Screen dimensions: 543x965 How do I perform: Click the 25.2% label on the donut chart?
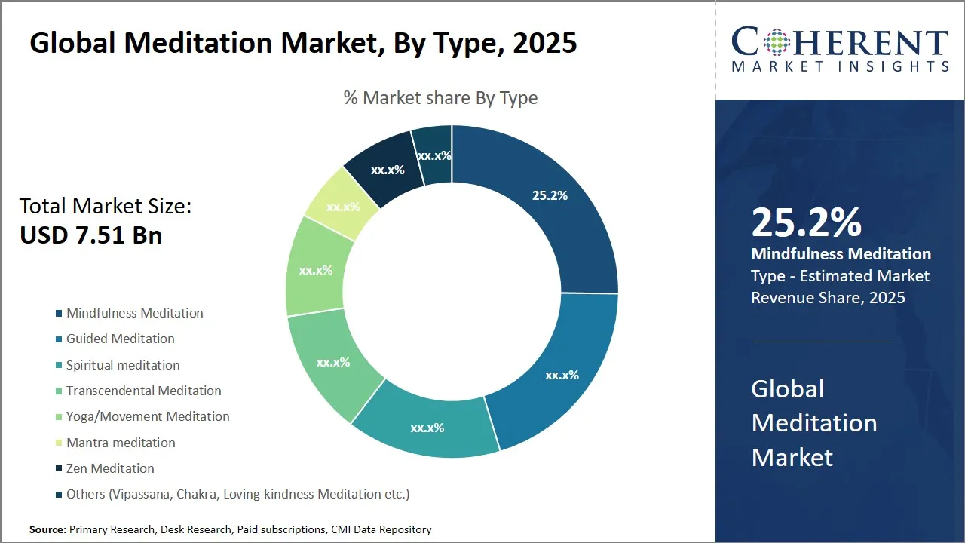pos(550,195)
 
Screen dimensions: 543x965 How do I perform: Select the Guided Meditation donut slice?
pos(562,375)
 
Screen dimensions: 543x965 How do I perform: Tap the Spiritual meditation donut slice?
pos(427,428)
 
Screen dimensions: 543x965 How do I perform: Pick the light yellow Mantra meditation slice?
pos(343,206)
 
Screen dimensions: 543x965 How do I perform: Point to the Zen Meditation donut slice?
pos(388,170)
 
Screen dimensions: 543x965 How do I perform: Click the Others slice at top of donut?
pos(434,155)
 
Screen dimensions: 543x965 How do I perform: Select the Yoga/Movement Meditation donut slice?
pos(316,269)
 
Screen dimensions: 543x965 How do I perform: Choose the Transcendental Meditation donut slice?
pos(333,362)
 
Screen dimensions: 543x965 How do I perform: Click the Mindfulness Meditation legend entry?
pos(135,313)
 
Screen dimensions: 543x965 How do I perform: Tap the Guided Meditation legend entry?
pos(121,339)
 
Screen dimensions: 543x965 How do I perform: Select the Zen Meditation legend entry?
pos(110,468)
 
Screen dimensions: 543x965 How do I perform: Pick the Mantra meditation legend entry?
pos(121,443)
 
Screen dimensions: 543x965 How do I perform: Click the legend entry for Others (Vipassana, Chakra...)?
pos(237,494)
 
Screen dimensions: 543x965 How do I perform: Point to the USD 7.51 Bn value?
pos(90,235)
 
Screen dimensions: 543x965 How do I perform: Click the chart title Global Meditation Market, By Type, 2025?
pos(303,43)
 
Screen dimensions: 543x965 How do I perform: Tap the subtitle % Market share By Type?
pos(440,98)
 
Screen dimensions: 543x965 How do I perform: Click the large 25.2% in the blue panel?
pos(806,223)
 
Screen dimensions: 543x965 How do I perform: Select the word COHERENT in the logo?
pos(840,44)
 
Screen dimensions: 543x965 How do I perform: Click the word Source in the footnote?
pos(47,530)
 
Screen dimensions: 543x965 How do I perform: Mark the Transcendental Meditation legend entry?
pos(144,391)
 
